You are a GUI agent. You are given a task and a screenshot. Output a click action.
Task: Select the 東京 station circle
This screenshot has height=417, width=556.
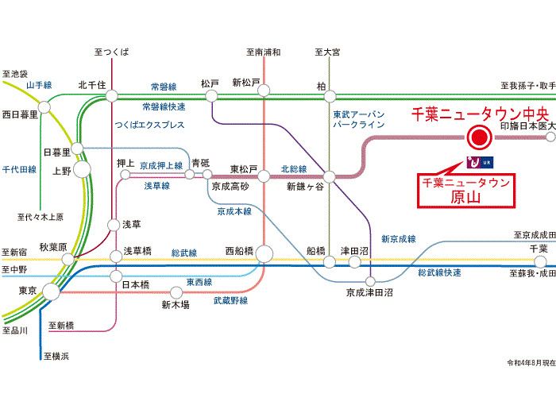50,292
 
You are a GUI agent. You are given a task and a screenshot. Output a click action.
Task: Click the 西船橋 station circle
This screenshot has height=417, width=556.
264,253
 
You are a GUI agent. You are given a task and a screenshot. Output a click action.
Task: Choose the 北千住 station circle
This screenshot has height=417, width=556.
112,95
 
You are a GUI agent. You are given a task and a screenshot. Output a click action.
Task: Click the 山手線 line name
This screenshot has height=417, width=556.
38,85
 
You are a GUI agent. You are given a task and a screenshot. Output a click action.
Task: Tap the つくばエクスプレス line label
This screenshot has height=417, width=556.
149,125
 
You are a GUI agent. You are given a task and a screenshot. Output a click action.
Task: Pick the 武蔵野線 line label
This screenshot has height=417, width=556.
230,300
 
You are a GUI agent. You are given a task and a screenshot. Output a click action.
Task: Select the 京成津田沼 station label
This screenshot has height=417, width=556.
369,293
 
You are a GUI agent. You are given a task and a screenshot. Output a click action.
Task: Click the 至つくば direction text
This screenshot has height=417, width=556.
111,52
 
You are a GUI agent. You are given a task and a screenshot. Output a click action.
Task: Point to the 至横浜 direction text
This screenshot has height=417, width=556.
56,356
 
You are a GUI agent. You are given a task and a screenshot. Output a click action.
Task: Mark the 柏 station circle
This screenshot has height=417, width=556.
322,95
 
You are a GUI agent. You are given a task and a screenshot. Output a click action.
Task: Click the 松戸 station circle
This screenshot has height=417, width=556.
211,95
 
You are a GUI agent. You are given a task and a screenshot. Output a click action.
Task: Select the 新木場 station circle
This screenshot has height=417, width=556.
175,292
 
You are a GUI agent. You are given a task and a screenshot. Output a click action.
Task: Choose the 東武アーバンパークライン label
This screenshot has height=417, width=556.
359,119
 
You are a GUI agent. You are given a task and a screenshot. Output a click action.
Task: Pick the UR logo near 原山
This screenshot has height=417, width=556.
481,163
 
